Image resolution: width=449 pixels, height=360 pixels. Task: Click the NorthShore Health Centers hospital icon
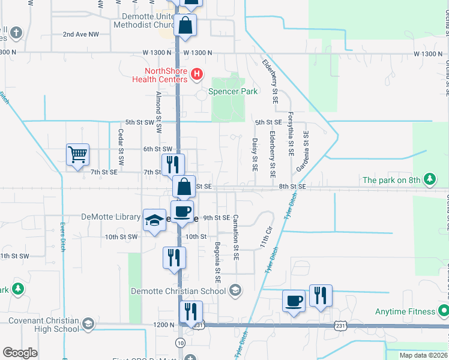[197, 74]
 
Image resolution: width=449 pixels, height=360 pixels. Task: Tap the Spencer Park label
[233, 91]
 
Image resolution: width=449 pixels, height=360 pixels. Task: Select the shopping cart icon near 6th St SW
[77, 155]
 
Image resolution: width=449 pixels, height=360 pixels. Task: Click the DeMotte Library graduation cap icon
[154, 220]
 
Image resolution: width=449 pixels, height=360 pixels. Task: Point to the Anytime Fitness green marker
[443, 311]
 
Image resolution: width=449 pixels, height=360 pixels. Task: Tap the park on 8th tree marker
[429, 179]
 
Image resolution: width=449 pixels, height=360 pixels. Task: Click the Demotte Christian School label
[179, 291]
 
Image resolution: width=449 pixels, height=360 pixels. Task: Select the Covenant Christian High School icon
[88, 324]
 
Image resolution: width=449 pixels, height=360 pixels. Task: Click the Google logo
[19, 352]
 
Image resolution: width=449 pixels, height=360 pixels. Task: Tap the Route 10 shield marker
[180, 342]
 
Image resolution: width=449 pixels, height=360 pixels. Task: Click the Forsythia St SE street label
[291, 134]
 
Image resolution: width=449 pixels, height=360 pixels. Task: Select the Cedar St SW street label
[121, 147]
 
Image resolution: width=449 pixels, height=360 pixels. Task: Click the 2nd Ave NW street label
[80, 34]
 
